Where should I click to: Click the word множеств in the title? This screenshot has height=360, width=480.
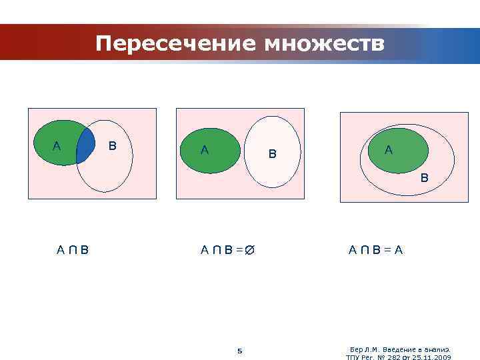click(x=324, y=44)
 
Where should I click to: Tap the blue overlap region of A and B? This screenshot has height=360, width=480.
click(x=85, y=147)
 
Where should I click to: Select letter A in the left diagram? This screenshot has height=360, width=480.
click(x=57, y=146)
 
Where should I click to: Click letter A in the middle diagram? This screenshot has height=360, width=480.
click(x=205, y=151)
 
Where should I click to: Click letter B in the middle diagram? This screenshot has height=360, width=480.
click(x=272, y=154)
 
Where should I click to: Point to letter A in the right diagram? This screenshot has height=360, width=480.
click(x=388, y=151)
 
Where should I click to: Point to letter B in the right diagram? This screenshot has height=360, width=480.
click(x=424, y=178)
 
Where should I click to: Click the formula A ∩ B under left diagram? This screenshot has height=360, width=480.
click(x=73, y=251)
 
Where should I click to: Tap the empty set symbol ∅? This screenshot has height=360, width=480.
click(x=250, y=251)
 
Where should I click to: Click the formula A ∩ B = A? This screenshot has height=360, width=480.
click(x=375, y=251)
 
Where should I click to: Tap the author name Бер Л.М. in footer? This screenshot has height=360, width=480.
click(x=364, y=349)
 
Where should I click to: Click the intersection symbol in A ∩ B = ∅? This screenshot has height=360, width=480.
click(x=217, y=251)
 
